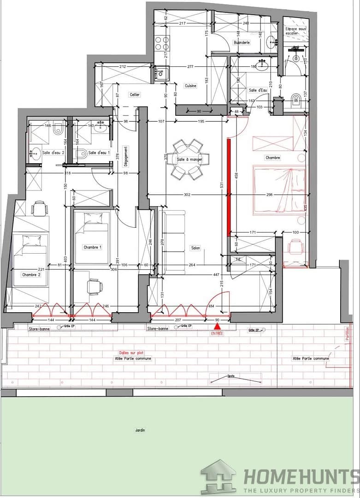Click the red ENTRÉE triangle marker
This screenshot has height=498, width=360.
coord(217,326)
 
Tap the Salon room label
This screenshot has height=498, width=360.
coord(195,248)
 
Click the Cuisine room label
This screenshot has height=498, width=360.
coord(191,86)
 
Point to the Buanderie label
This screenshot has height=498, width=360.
coord(242,42)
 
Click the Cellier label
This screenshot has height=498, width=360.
coord(135,95)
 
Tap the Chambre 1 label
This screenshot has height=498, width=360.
coord(92,247)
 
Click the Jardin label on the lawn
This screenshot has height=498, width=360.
coord(140,430)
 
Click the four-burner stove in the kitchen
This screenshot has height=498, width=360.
coord(162,43)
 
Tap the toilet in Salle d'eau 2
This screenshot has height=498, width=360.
coord(57,130)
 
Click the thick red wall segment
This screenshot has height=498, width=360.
coord(228,187)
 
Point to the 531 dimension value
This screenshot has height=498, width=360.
coord(222,185)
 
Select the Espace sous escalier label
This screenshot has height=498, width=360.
coord(296,31)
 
